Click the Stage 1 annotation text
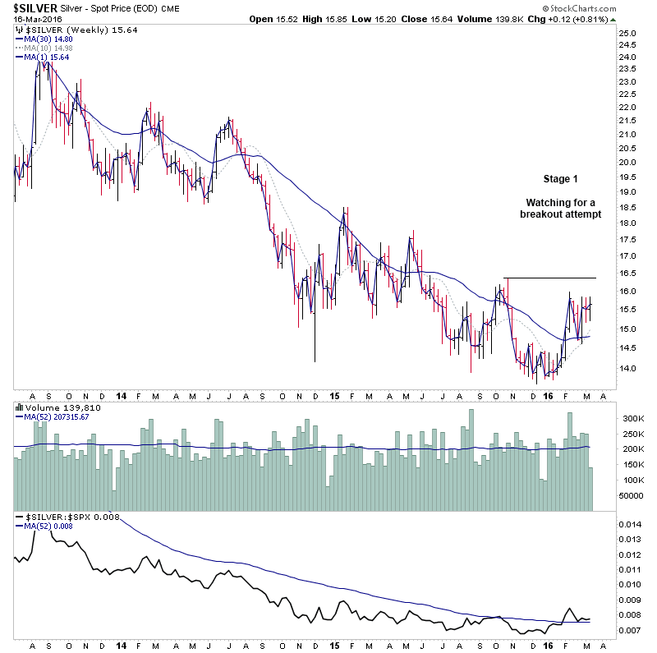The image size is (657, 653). [x=561, y=179]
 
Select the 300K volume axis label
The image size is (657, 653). [x=631, y=419]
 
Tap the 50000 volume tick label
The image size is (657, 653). [x=630, y=496]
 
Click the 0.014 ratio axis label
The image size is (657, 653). [x=630, y=524]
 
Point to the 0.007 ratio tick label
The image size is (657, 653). [x=630, y=630]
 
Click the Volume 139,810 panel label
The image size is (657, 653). [x=53, y=407]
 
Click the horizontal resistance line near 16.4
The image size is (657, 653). [x=549, y=278]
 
